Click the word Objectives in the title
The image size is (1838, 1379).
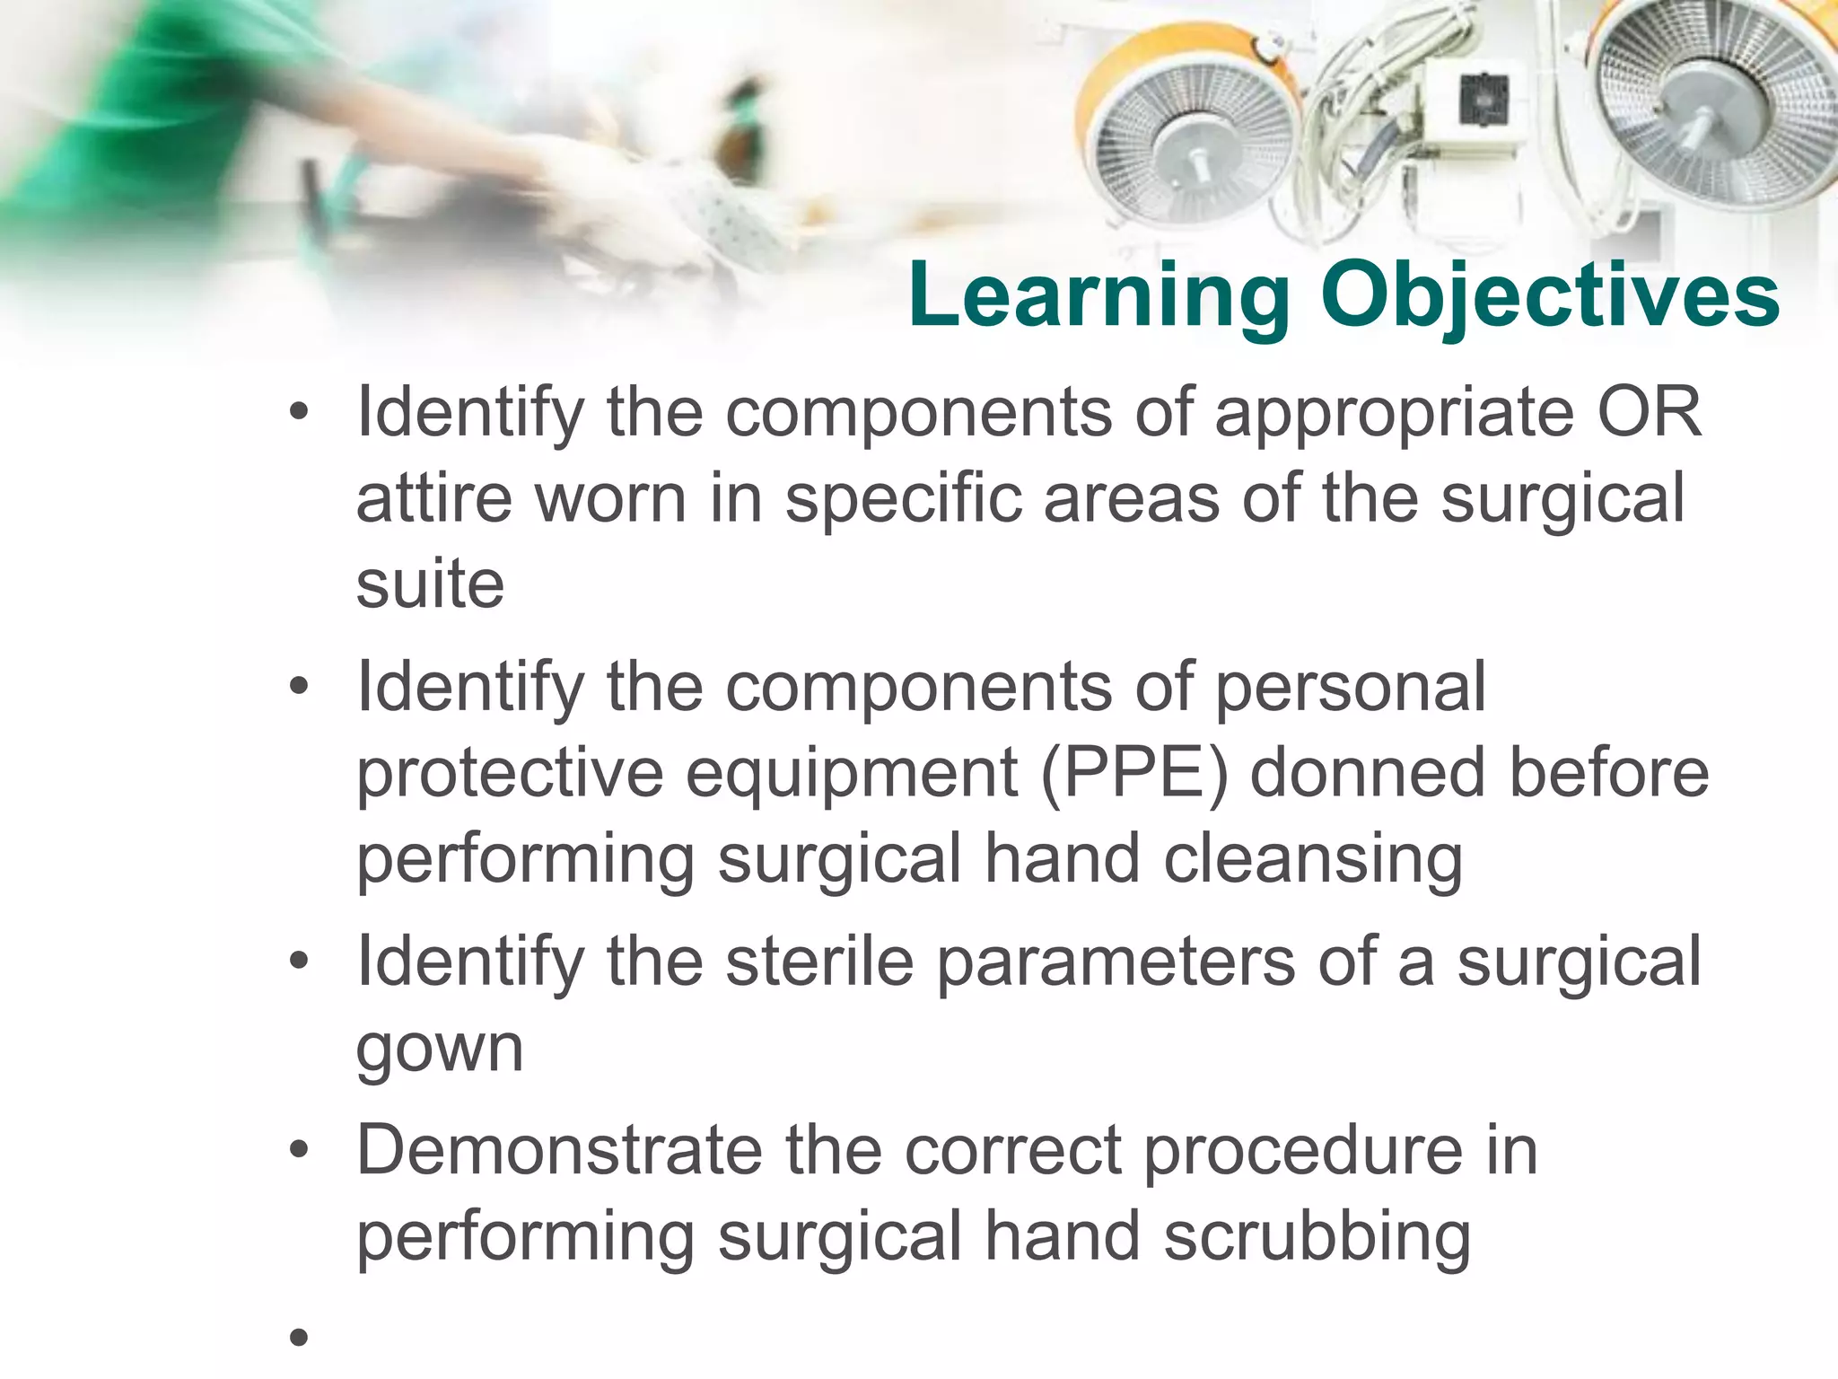click(x=1550, y=296)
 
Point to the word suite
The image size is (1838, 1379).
click(x=430, y=584)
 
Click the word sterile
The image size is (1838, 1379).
click(x=819, y=962)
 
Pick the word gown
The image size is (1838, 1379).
click(x=440, y=1049)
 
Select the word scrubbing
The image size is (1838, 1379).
click(x=1317, y=1237)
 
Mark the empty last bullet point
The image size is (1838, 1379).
click(x=299, y=1339)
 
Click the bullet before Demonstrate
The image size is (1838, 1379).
click(x=299, y=1149)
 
